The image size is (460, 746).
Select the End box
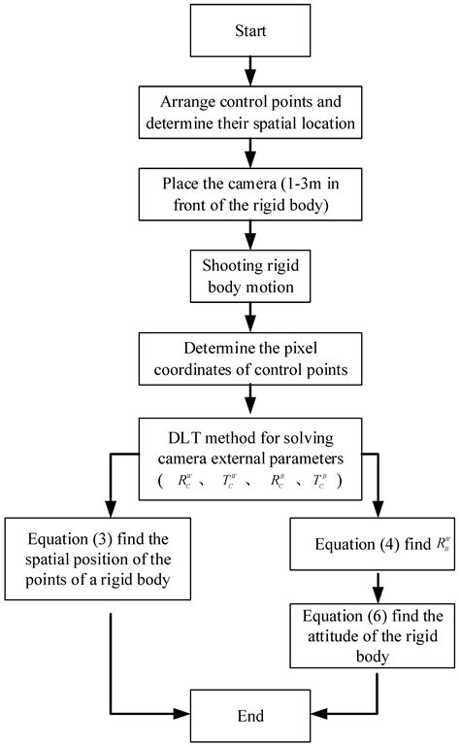250,716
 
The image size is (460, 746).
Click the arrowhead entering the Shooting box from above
250,247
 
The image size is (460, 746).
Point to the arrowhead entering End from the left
181,716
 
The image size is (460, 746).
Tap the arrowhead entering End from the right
320,716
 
